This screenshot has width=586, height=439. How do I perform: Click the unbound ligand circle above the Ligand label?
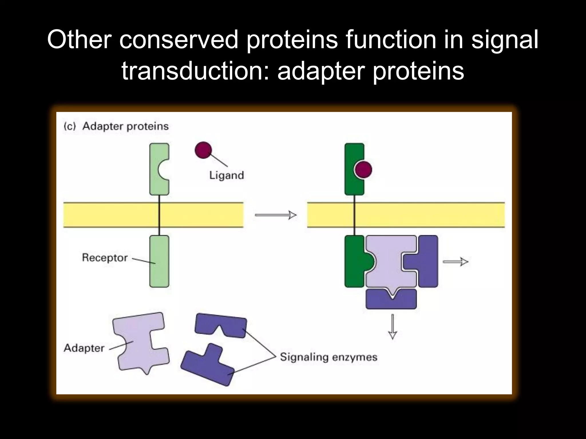(203, 150)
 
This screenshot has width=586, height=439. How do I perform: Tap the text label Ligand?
(226, 175)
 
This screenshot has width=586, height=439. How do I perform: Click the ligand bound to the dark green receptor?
(363, 169)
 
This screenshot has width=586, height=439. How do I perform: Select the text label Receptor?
(104, 258)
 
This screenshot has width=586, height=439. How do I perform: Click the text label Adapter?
(84, 348)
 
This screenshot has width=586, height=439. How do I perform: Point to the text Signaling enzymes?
(328, 357)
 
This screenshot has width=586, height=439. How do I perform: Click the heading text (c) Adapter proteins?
(116, 126)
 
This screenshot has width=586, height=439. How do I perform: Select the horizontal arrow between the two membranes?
(275, 215)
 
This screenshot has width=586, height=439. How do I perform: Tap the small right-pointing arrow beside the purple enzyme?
(455, 261)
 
